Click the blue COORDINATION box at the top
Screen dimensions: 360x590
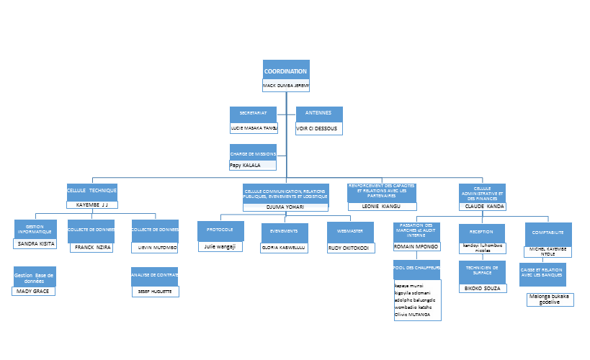[286, 71]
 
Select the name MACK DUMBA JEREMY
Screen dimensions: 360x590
[286, 85]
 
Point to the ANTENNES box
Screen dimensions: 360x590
[319, 114]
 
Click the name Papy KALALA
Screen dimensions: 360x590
[246, 165]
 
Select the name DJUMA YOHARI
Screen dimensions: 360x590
[285, 207]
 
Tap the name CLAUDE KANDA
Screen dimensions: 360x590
[483, 206]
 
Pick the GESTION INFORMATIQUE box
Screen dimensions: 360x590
[35, 229]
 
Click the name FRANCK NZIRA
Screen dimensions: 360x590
[93, 247]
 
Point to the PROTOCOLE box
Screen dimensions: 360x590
[220, 230]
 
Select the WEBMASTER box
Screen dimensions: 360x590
[350, 232]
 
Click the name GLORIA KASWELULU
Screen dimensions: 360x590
[283, 246]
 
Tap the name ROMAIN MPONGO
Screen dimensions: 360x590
[417, 246]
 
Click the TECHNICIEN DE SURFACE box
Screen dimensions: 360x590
[481, 272]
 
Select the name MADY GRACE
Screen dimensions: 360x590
[34, 291]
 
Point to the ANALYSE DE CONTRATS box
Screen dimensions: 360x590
[155, 276]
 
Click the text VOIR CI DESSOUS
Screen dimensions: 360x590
[317, 128]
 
